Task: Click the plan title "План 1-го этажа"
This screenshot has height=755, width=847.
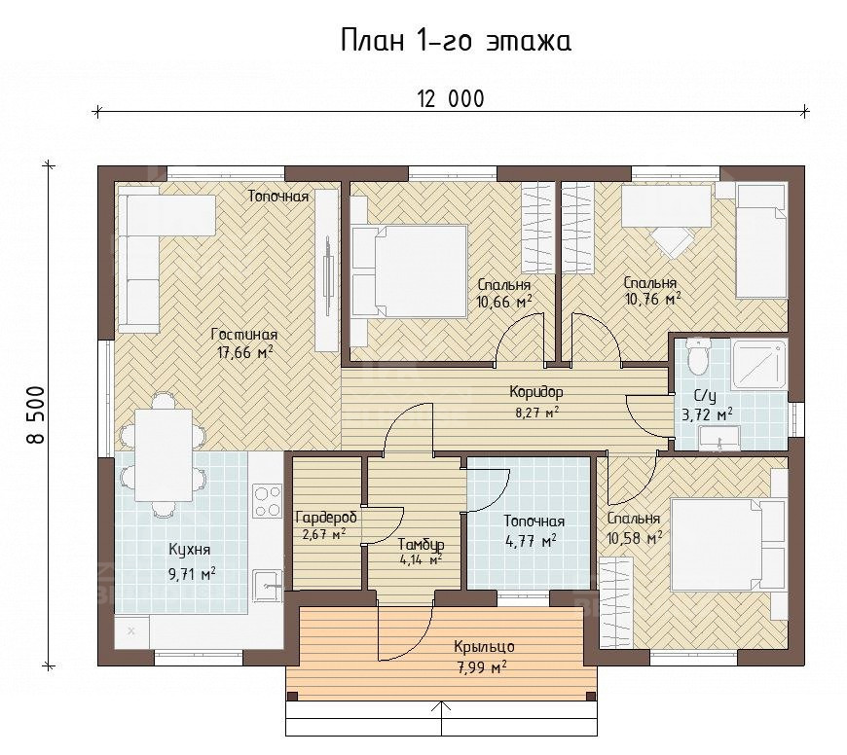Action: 456,42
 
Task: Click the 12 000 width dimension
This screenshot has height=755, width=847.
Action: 451,99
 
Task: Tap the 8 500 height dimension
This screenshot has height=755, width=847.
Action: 36,414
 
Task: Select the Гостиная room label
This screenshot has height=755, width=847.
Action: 244,335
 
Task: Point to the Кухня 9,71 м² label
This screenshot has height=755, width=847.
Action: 191,561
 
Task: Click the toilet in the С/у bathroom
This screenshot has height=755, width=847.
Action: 697,356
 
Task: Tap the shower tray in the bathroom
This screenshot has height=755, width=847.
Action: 759,363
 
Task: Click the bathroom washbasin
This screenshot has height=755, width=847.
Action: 719,438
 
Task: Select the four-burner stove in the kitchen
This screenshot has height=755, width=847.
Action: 268,501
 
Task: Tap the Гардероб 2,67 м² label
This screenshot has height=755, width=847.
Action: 325,526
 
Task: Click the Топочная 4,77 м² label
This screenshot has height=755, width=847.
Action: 534,530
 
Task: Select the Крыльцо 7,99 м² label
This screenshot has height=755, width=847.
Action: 484,657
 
